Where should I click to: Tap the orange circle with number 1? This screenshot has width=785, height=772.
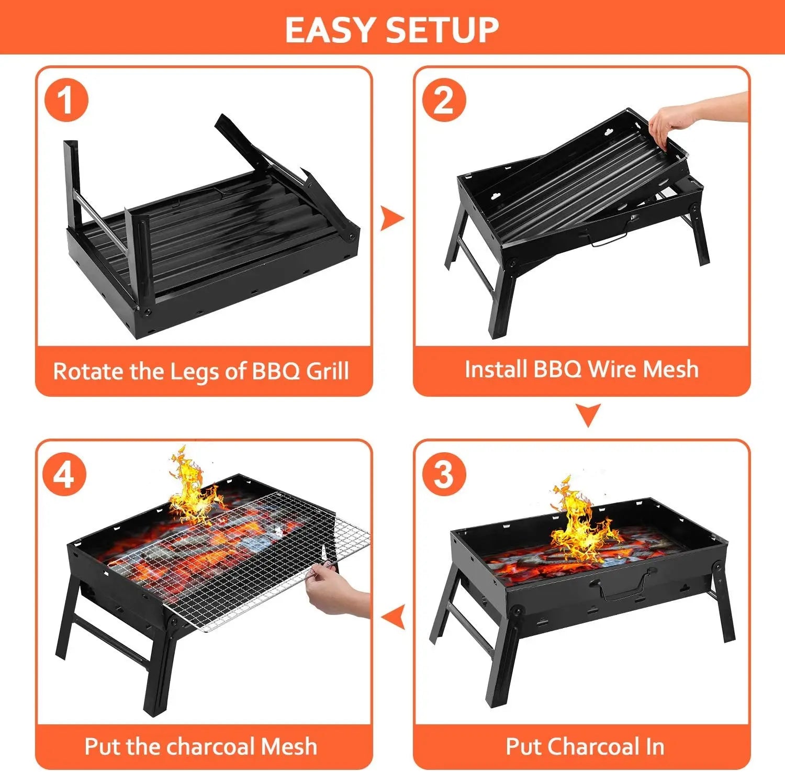pyautogui.click(x=66, y=99)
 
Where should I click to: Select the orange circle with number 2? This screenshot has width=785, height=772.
pyautogui.click(x=444, y=99)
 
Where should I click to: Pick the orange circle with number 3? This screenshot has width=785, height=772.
pyautogui.click(x=444, y=474)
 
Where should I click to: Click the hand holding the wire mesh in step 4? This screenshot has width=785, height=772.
pyautogui.click(x=335, y=589)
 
